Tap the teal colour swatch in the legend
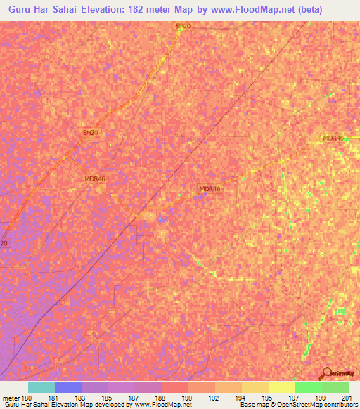coord(41,387)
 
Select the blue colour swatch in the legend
coord(68,387)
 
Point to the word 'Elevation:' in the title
coord(117,11)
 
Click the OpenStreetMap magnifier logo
coord(326,373)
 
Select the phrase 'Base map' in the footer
coord(250,405)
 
